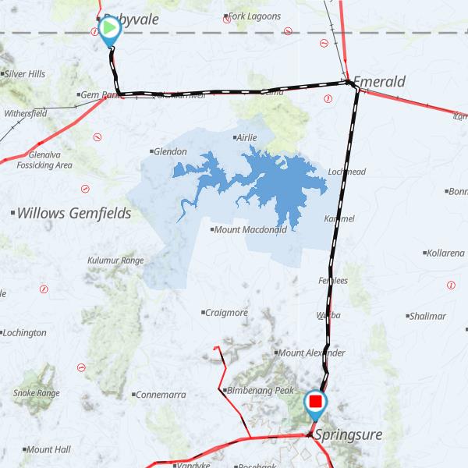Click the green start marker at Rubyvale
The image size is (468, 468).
point(109,29)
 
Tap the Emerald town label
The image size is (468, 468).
point(378,81)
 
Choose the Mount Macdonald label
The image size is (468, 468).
point(251,229)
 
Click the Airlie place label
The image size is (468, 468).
point(246,137)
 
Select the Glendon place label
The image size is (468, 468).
point(170,151)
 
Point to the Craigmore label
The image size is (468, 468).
point(225,313)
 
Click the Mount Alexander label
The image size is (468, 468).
point(311,353)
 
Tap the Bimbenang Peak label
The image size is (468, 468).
point(260,390)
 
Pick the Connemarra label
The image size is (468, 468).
point(160,395)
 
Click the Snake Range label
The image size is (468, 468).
point(36,393)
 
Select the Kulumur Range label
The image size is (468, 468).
point(115,260)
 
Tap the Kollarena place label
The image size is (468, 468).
point(445,253)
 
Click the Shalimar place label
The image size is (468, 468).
point(427,316)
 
